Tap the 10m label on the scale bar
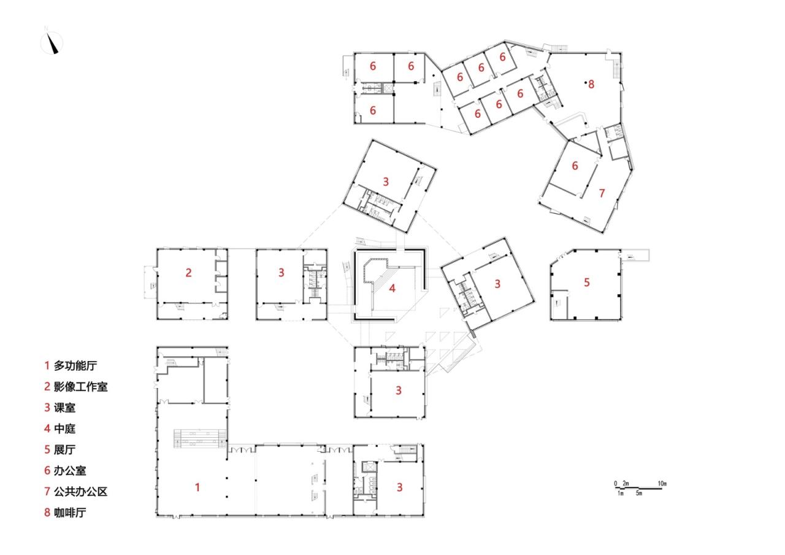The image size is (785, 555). [x=662, y=484]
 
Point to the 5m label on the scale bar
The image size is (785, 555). [x=639, y=494]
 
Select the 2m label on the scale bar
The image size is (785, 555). [x=626, y=484]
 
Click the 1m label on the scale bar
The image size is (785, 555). [x=620, y=494]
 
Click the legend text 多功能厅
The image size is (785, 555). [x=75, y=366]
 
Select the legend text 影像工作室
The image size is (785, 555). [x=80, y=387]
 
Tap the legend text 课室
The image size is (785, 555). [x=64, y=408]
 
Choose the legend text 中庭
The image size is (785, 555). [x=64, y=429]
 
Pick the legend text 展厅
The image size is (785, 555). [x=64, y=450]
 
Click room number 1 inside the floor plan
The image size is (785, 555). [x=197, y=487]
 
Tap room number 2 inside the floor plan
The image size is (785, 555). [x=189, y=273]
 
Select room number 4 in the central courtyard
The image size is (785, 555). [x=392, y=287]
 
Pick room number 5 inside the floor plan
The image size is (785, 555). [x=587, y=282]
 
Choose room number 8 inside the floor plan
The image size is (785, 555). [x=591, y=85]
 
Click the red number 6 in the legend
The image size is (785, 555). [x=47, y=471]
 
